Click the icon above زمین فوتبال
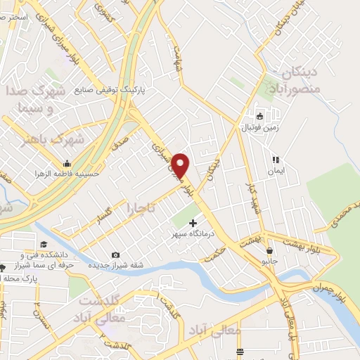coord(259,116)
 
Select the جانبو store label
coord(270,260)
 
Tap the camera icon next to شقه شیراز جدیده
coord(115,255)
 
